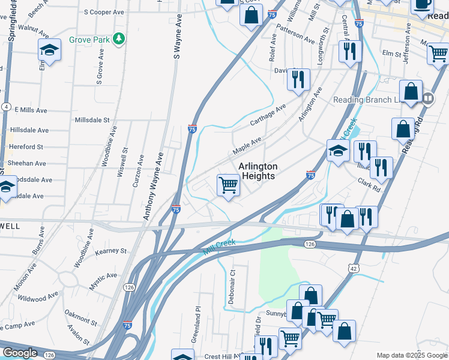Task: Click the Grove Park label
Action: (x=89, y=40)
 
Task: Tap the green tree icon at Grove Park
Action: (x=119, y=39)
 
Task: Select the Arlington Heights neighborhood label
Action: (x=258, y=171)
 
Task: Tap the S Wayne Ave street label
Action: (x=177, y=38)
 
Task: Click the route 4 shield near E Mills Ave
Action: (x=5, y=106)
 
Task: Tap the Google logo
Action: (x=20, y=353)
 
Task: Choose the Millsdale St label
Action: (x=92, y=120)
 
